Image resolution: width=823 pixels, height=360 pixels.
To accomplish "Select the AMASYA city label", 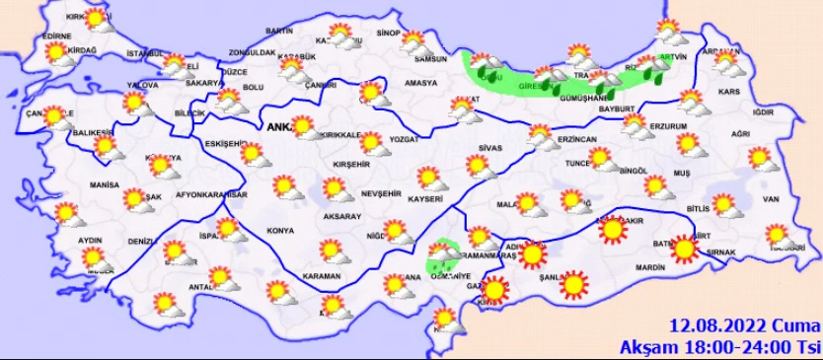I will (x=420, y=84).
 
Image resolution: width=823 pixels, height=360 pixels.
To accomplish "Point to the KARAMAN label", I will (x=321, y=275).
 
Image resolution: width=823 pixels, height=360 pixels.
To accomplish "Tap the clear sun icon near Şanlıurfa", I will (x=572, y=285).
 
